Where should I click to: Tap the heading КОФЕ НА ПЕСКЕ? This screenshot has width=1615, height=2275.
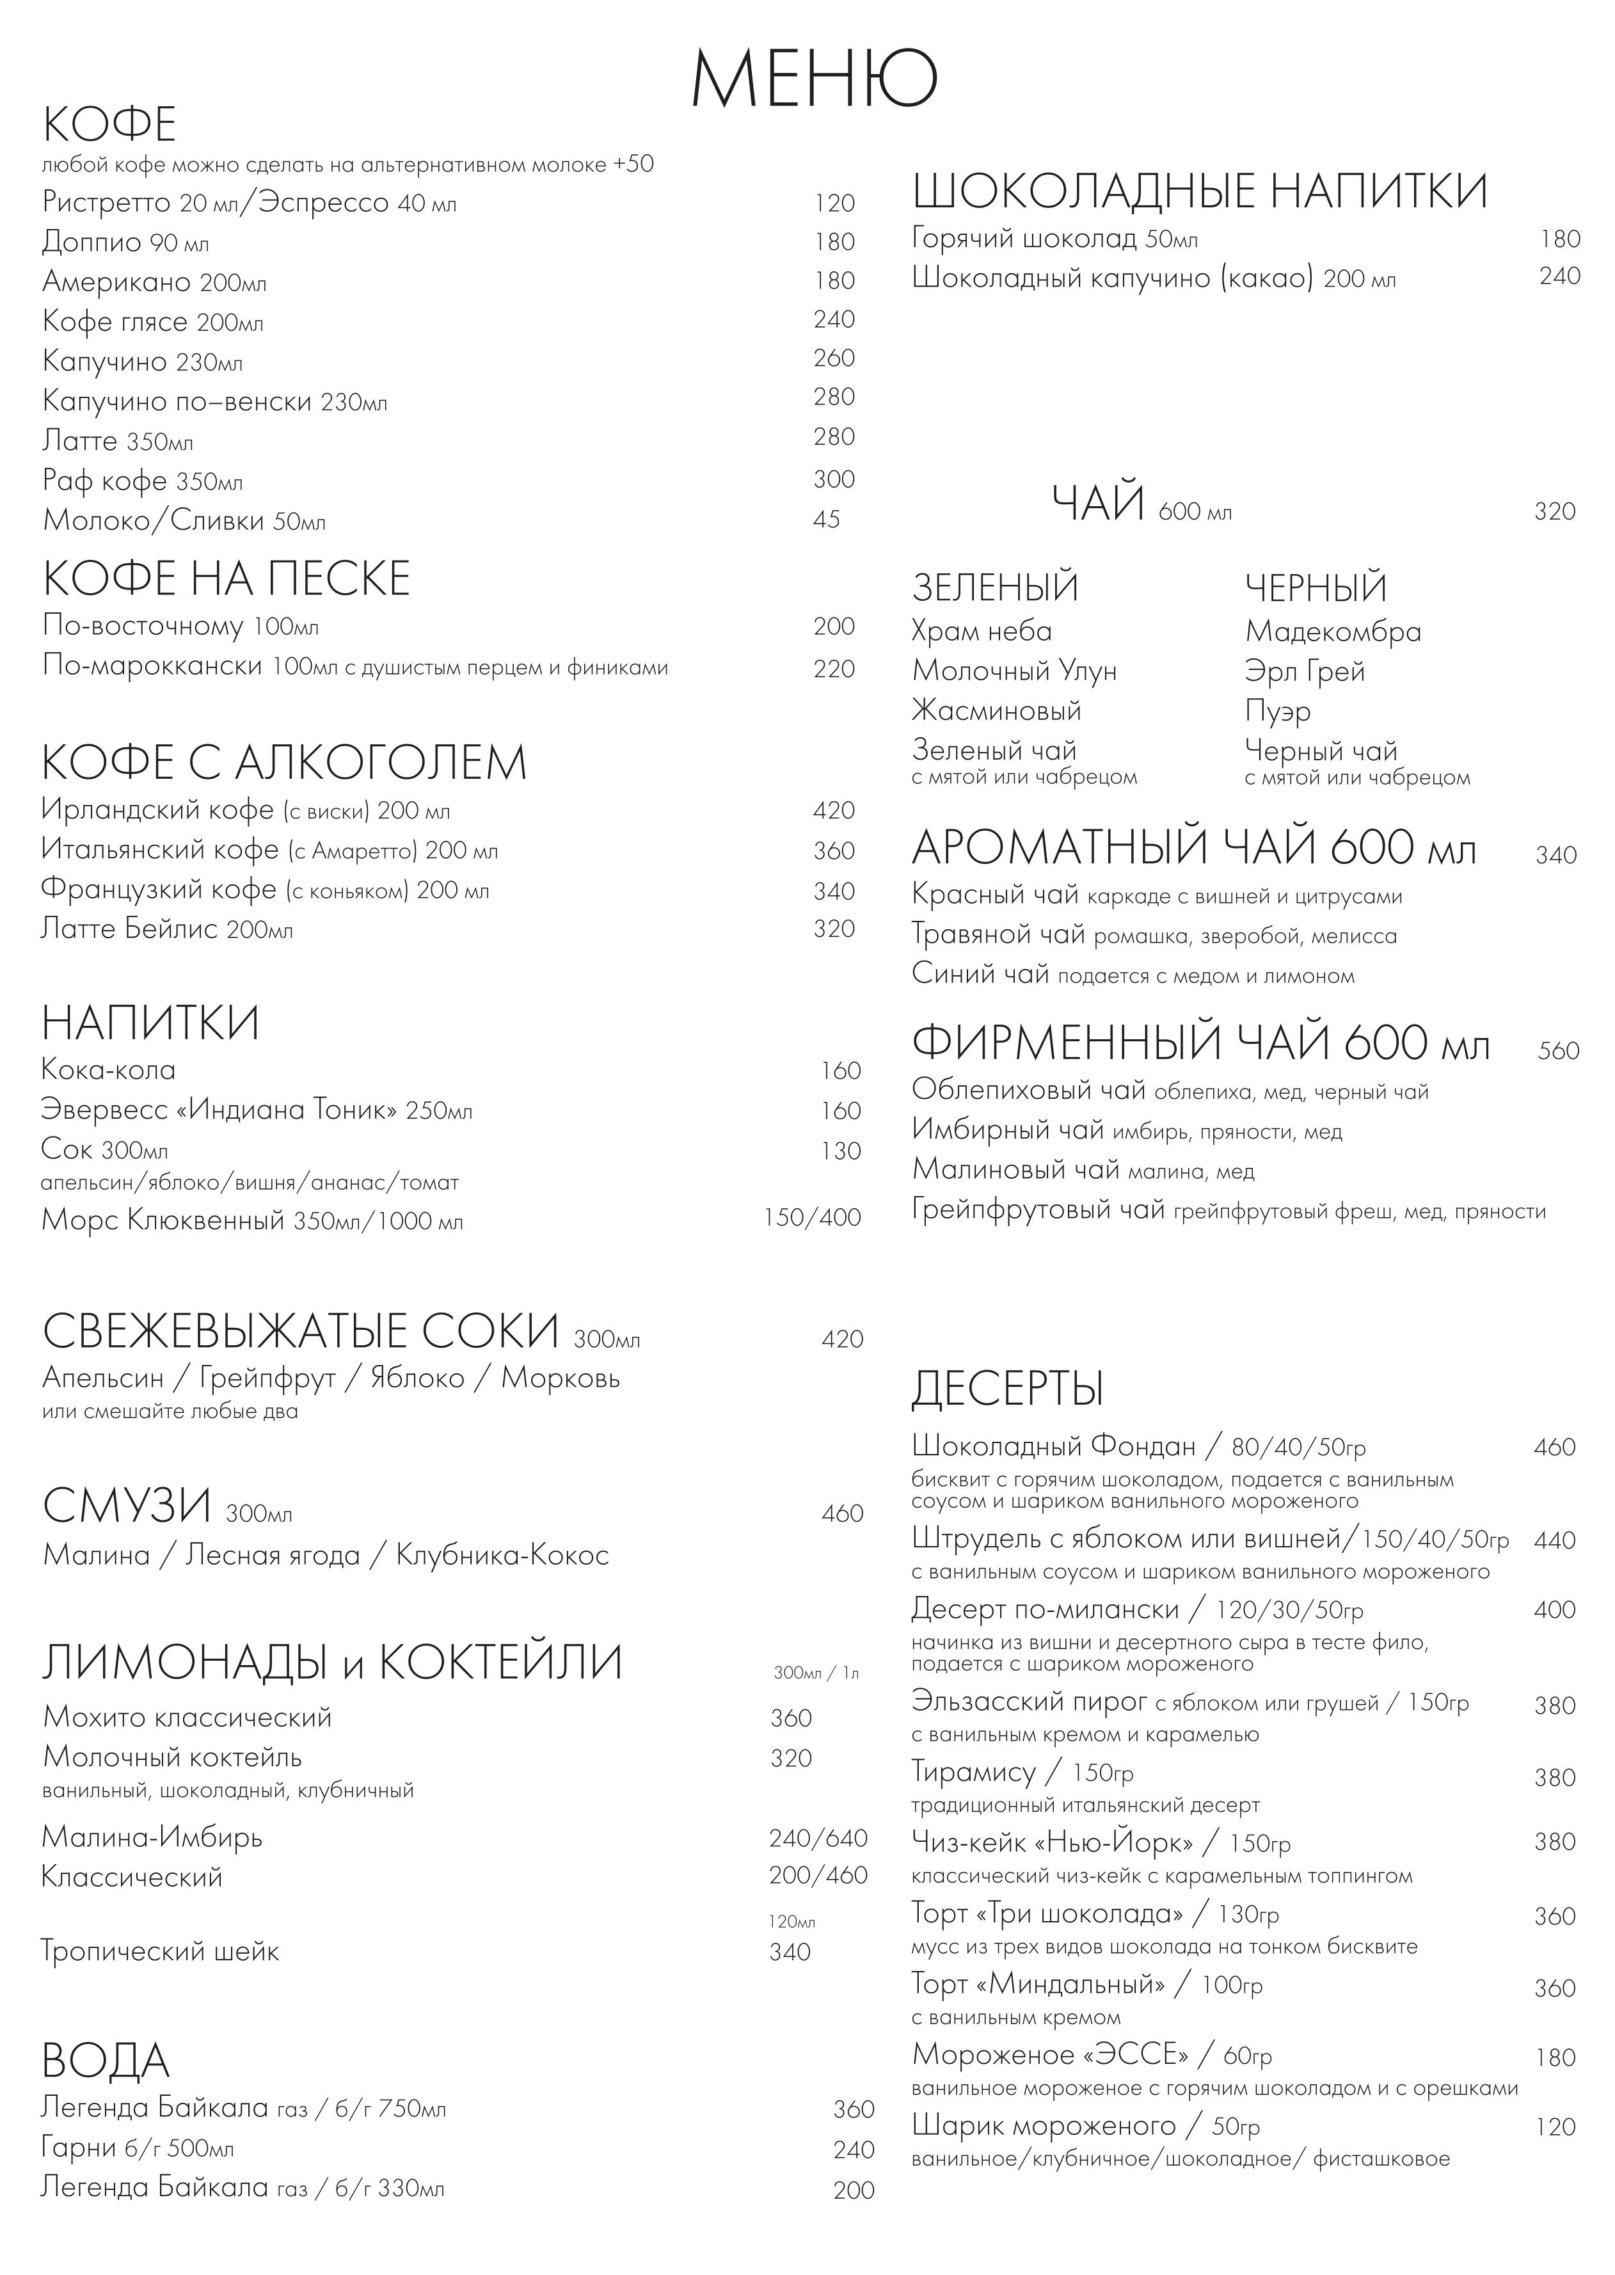click(226, 579)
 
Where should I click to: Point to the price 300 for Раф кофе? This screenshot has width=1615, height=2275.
click(833, 480)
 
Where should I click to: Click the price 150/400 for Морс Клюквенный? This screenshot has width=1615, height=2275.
click(811, 1218)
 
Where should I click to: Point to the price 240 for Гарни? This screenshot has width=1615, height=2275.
click(853, 2150)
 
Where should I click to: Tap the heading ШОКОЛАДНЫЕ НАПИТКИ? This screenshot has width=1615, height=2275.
click(1199, 191)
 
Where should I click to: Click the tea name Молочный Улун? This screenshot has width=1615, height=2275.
click(1014, 671)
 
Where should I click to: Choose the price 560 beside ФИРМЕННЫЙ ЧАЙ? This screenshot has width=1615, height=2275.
click(1557, 1051)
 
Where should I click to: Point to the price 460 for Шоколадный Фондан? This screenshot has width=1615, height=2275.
click(1554, 1448)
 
